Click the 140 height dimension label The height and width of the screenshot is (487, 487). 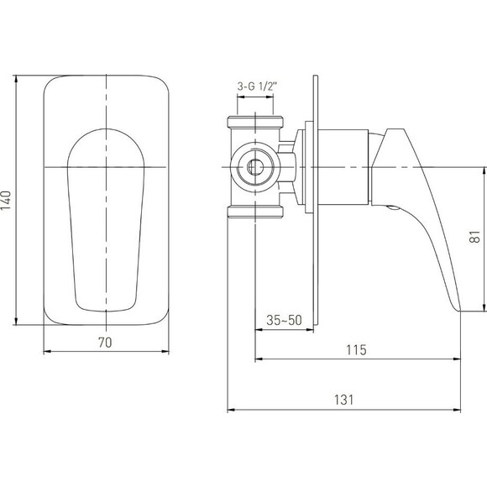(6, 201)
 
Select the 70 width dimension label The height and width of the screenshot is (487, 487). (105, 343)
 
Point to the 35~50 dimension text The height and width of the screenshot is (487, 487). (284, 320)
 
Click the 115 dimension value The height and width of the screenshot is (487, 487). (357, 350)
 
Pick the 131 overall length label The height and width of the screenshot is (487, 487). (343, 400)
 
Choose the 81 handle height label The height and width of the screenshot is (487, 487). (475, 237)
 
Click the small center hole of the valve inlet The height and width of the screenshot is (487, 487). (255, 167)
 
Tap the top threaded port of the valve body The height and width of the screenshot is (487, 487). (255, 122)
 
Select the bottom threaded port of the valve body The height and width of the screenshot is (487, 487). (255, 212)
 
